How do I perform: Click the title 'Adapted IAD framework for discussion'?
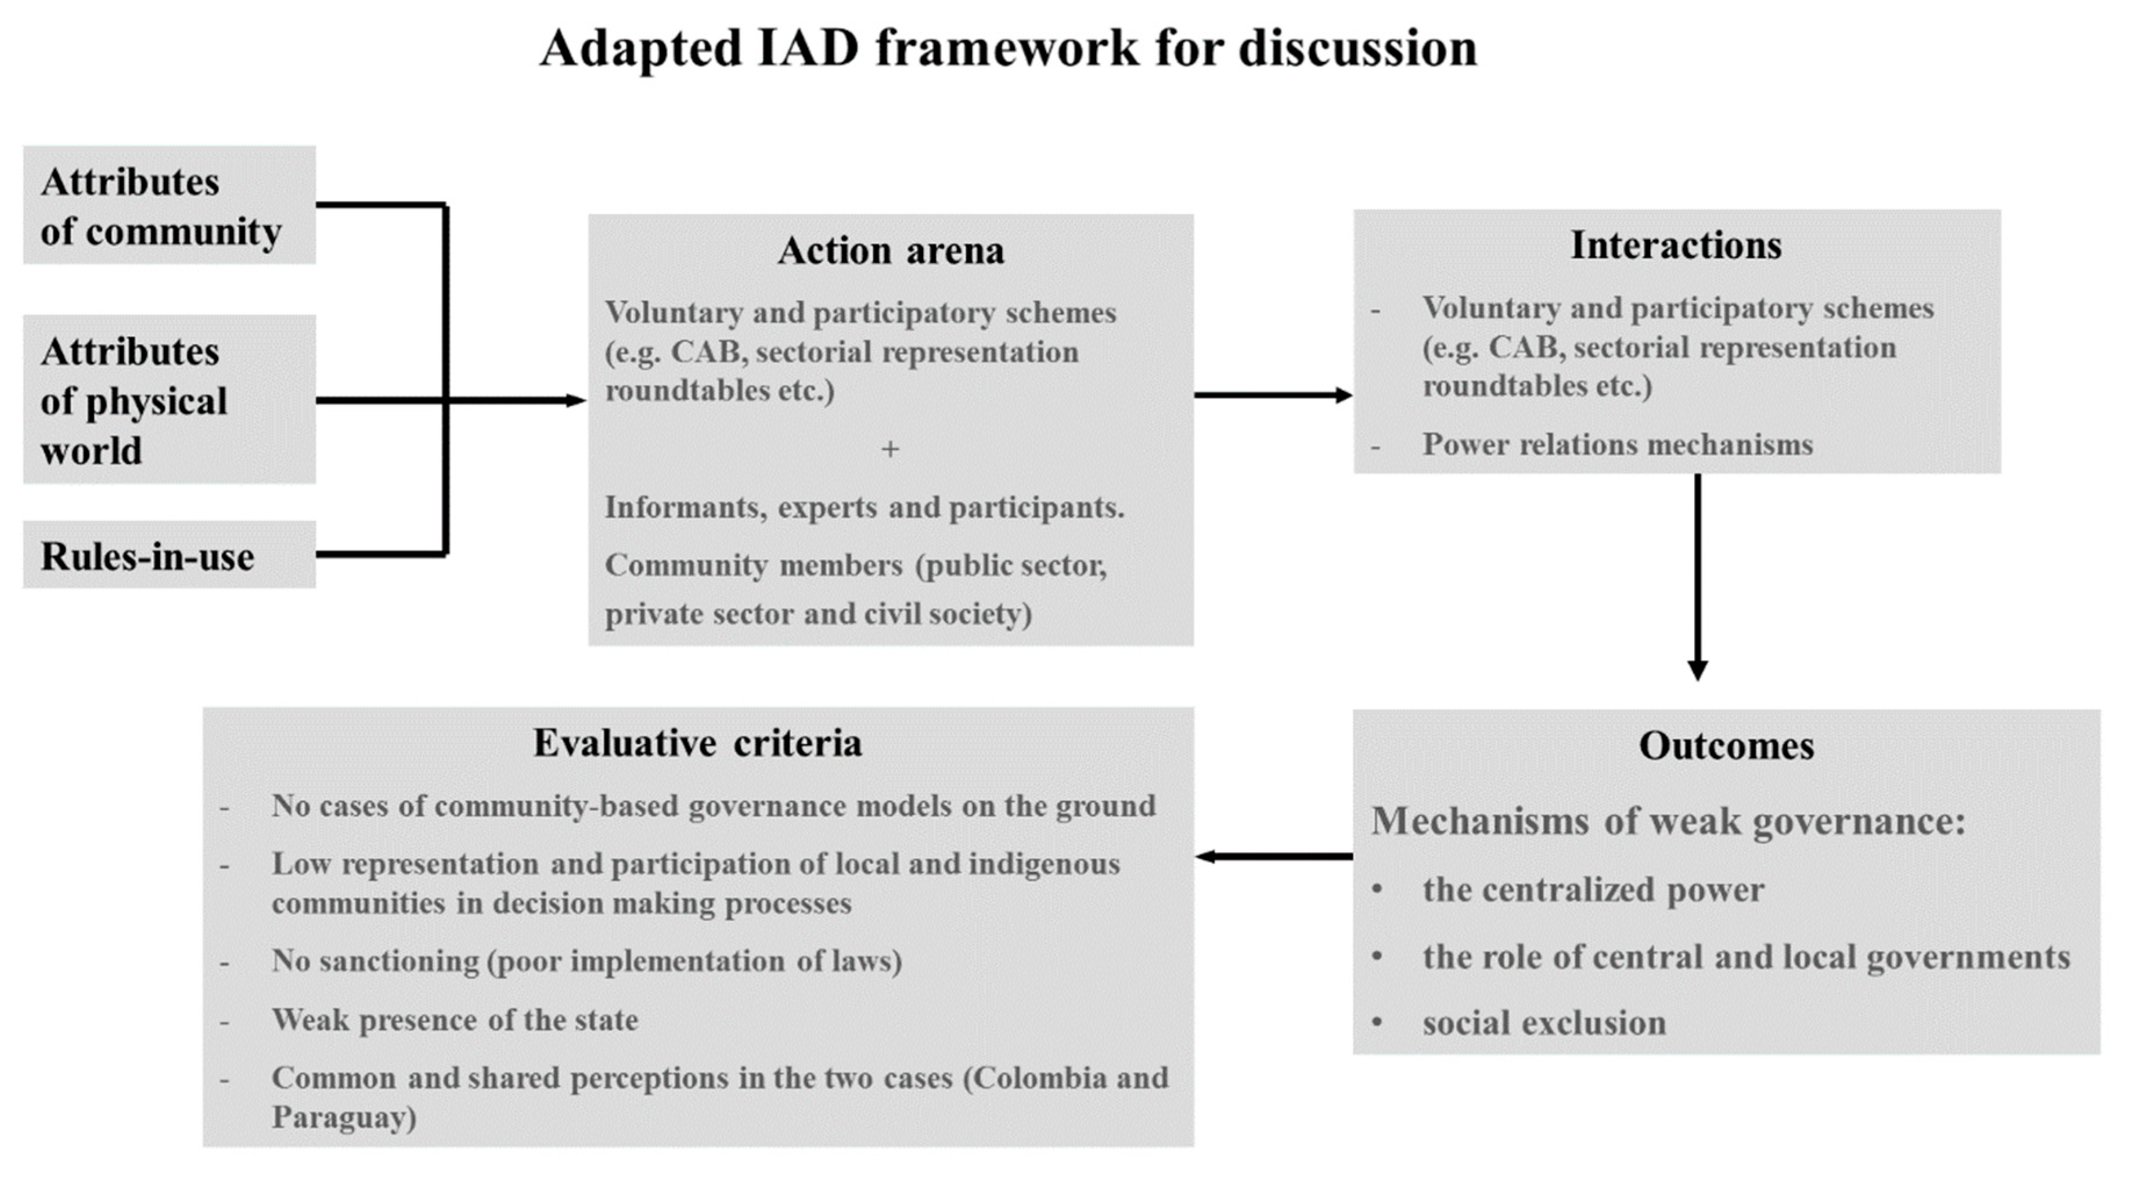pyautogui.click(x=1008, y=48)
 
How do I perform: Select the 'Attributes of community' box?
pyautogui.click(x=168, y=206)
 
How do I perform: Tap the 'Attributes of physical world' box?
pyautogui.click(x=168, y=400)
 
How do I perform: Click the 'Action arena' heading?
pyautogui.click(x=890, y=251)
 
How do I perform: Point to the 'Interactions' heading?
pyautogui.click(x=1676, y=246)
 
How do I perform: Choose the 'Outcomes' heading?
pyautogui.click(x=1726, y=745)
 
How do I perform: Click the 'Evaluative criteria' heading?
pyautogui.click(x=697, y=743)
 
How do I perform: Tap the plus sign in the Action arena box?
pyautogui.click(x=890, y=449)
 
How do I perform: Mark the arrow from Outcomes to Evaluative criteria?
pyautogui.click(x=1274, y=856)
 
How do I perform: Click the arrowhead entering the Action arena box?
pyautogui.click(x=577, y=400)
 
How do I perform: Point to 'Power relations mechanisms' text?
pyautogui.click(x=1616, y=445)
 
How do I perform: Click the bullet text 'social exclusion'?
pyautogui.click(x=1544, y=1023)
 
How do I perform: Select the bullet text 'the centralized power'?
pyautogui.click(x=1593, y=890)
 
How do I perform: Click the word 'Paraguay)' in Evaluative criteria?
pyautogui.click(x=344, y=1117)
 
